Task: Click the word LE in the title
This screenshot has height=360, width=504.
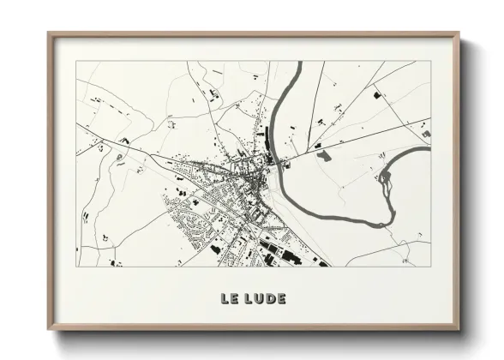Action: point(229,299)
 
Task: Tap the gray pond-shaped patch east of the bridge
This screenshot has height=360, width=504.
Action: point(324,155)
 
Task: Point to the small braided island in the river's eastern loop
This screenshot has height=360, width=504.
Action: point(385,177)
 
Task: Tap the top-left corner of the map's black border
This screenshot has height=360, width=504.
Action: point(76,62)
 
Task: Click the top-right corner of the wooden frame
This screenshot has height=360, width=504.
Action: point(459,33)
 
